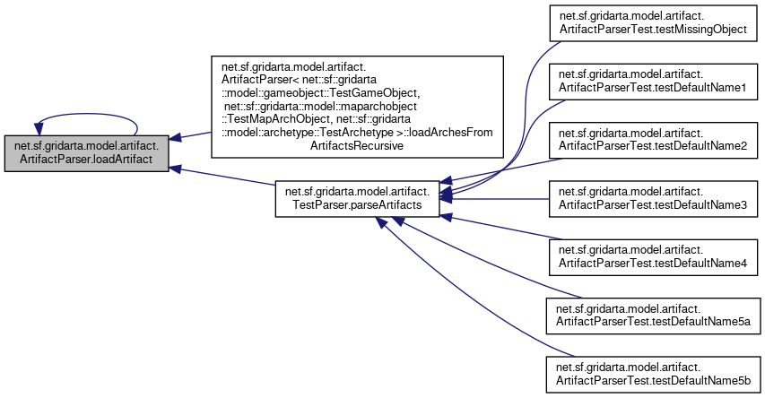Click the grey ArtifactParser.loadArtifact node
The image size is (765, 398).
pyautogui.click(x=86, y=153)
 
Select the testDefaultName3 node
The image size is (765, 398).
pyautogui.click(x=653, y=199)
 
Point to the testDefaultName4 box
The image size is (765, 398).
pyautogui.click(x=653, y=256)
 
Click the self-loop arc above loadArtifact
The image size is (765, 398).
pyautogui.click(x=86, y=115)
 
